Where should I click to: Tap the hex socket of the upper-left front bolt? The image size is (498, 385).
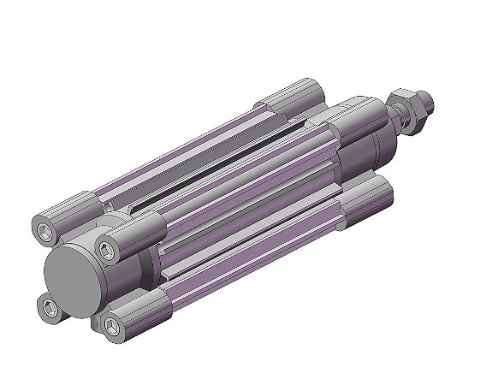(x=45, y=228)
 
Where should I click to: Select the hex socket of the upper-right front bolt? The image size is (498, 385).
(x=106, y=252)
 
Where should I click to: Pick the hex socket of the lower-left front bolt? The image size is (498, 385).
(x=47, y=306)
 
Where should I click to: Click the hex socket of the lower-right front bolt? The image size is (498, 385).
(x=109, y=323)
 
